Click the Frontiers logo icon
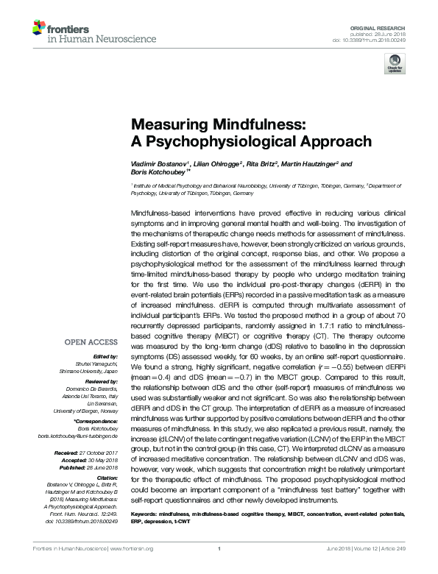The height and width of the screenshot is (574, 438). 38,29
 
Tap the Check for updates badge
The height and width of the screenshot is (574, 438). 395,66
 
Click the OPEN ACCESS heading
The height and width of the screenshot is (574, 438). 91,342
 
